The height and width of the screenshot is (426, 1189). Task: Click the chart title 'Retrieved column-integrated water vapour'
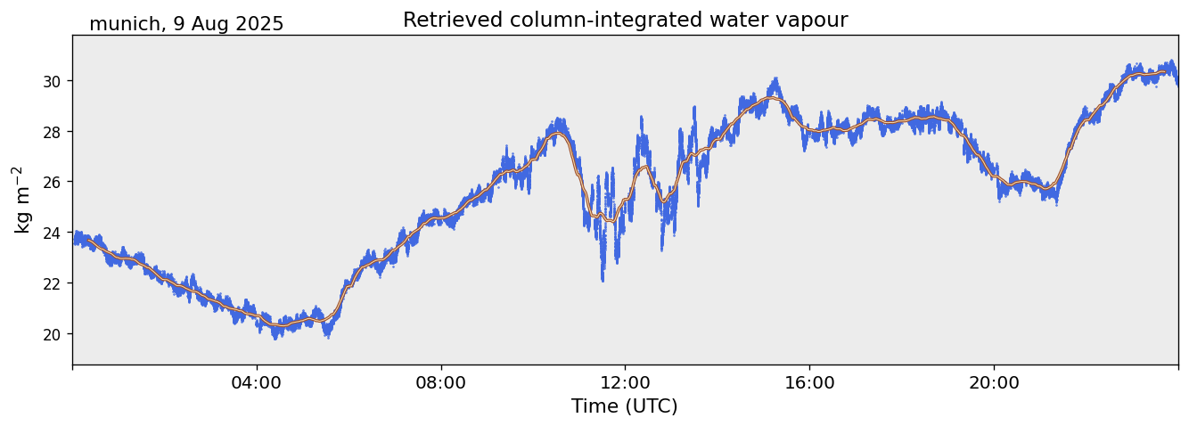tap(625, 20)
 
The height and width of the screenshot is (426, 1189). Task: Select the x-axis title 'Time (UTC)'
tap(625, 406)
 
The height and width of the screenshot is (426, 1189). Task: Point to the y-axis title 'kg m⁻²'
tap(22, 200)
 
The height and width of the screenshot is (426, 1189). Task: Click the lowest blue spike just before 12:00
tap(603, 279)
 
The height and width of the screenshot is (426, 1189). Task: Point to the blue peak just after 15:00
tap(776, 79)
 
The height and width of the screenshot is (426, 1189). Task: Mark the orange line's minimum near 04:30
tap(281, 326)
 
